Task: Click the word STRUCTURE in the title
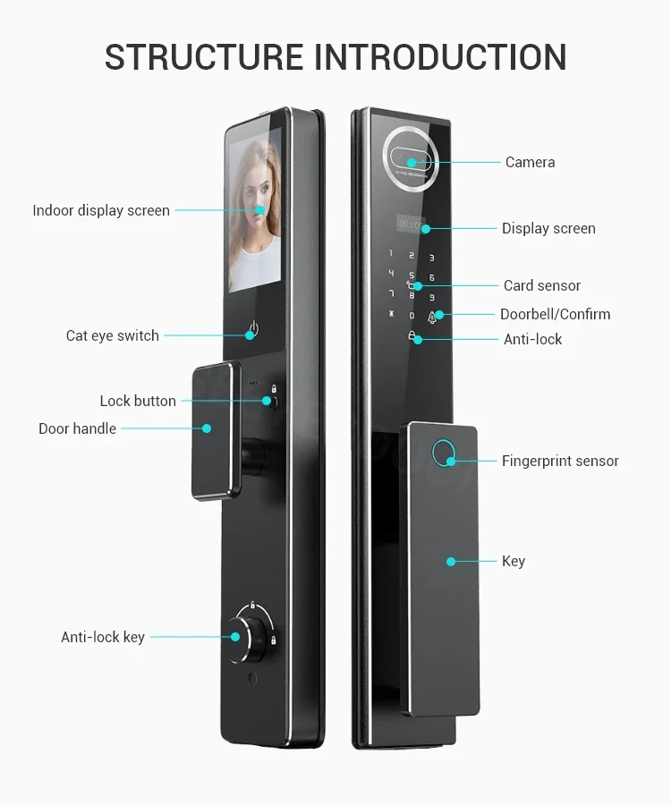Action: [204, 57]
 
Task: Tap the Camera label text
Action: [530, 162]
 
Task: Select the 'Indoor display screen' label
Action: [101, 210]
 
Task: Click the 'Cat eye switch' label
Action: [113, 335]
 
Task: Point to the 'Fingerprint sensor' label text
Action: [560, 461]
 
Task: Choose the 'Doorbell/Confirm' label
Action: [555, 314]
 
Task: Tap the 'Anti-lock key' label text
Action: [103, 637]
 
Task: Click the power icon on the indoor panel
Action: [253, 328]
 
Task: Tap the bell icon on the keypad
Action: [432, 318]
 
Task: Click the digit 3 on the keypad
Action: [432, 258]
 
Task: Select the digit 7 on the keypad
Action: [392, 293]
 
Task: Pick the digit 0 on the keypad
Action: [412, 316]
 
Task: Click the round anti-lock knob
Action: [245, 640]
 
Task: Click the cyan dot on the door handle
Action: [207, 428]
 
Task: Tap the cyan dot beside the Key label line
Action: [451, 562]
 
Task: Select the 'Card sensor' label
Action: [542, 285]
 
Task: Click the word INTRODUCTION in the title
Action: [440, 57]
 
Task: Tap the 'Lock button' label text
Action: [138, 401]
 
